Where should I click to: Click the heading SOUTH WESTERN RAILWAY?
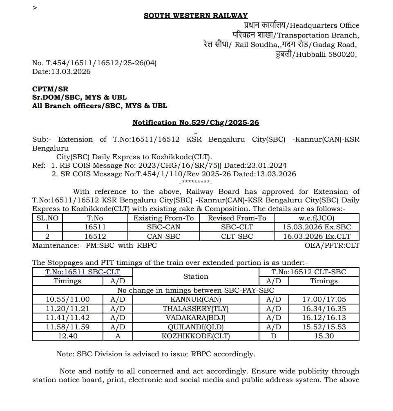(195, 16)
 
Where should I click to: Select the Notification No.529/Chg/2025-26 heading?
(196, 122)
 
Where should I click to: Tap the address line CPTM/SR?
(50, 89)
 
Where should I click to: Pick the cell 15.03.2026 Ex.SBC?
(317, 227)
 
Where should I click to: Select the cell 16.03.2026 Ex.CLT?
(317, 236)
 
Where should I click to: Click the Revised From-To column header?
(237, 218)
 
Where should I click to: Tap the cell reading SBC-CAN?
(163, 227)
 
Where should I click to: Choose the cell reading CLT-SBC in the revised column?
(237, 236)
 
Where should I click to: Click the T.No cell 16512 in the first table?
(95, 236)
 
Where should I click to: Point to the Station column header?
(196, 276)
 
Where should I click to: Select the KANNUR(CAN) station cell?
(196, 300)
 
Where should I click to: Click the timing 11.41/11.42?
(68, 318)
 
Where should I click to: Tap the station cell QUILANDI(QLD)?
(196, 327)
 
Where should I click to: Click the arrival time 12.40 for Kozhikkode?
(68, 336)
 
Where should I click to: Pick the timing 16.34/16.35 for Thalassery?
(324, 309)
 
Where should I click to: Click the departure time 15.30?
(324, 336)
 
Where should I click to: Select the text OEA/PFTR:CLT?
(332, 245)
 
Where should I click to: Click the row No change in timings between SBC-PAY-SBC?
(196, 290)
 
